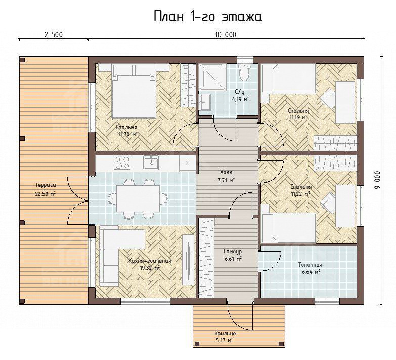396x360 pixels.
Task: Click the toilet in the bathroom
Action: (244, 72)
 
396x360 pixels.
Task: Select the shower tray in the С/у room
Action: (212, 77)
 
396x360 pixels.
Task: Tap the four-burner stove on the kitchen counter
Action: (122, 163)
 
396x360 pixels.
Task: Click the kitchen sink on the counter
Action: (151, 163)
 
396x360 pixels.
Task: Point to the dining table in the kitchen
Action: (138, 198)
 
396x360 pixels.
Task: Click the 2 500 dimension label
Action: (53, 34)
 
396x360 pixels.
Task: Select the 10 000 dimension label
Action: (226, 34)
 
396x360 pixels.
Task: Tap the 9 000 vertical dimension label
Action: (377, 181)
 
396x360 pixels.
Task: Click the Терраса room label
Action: (46, 185)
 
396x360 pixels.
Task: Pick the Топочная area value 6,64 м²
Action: (311, 272)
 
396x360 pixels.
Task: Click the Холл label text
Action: (226, 173)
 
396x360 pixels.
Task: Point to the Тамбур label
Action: (232, 251)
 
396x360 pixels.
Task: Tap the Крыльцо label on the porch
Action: (225, 333)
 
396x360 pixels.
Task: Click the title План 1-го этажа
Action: (208, 17)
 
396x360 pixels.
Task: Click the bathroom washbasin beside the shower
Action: (204, 102)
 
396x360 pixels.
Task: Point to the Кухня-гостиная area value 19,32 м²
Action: (150, 268)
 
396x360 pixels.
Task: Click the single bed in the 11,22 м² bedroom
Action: (289, 228)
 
